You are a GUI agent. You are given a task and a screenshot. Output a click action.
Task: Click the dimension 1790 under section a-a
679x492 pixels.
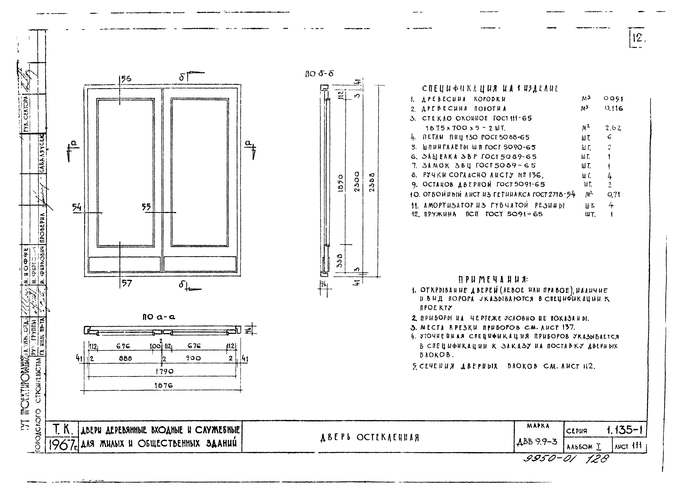coord(164,371)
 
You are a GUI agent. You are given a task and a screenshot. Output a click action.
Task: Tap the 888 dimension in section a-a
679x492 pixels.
coord(125,358)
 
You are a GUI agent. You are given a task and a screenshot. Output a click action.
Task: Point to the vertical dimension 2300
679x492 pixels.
coord(357,182)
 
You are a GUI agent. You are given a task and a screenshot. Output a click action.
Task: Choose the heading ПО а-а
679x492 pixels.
coord(159,317)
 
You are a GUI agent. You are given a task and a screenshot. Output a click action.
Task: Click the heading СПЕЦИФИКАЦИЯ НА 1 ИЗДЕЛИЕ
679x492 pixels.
coord(490,89)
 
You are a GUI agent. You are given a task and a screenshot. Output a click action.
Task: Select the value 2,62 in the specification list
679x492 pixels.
coord(613,128)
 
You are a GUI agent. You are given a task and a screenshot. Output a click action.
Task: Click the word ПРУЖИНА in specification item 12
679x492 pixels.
coord(440,214)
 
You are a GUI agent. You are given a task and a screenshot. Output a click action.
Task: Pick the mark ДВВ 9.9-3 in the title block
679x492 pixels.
coord(537,441)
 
